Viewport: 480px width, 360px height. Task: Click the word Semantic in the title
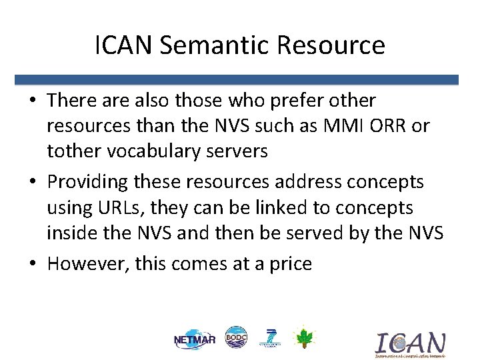[x=209, y=46]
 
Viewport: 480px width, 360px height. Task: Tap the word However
[x=88, y=263]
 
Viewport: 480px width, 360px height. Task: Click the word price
[x=289, y=263]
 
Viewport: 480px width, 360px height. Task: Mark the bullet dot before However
[x=33, y=264]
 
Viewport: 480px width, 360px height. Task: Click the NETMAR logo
[x=195, y=339]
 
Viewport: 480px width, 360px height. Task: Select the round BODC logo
[x=236, y=337]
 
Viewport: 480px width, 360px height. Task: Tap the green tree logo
[x=303, y=337]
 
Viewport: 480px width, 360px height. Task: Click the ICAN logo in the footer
[x=409, y=344]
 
